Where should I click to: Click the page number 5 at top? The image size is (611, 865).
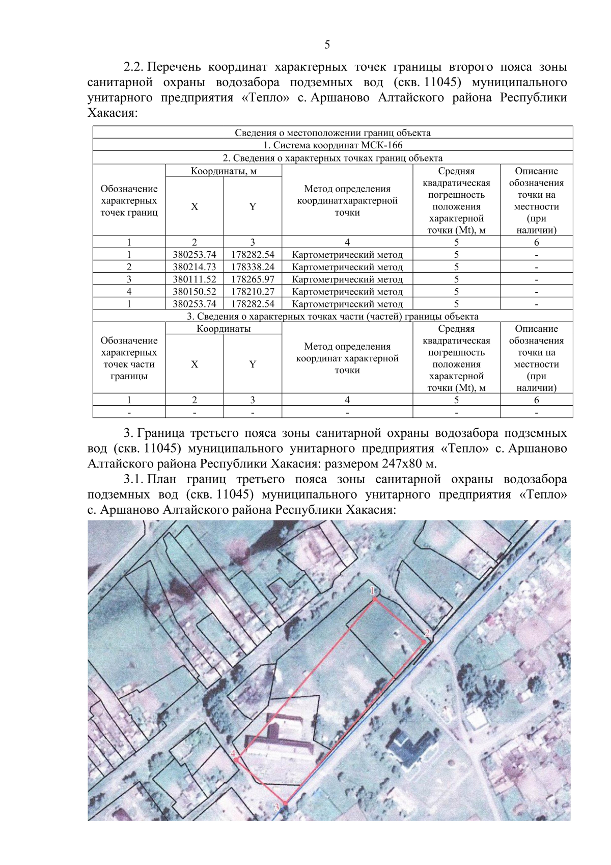tap(327, 45)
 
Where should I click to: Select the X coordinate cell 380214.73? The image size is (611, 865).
tap(195, 267)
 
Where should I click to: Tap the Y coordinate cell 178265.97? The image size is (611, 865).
tap(253, 279)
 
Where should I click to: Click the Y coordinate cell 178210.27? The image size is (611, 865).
tap(253, 292)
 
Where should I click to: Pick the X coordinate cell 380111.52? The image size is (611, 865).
tap(195, 279)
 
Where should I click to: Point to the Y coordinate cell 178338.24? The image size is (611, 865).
tap(253, 267)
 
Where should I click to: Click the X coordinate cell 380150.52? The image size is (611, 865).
tap(195, 292)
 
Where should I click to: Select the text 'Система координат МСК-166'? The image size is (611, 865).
tap(337, 145)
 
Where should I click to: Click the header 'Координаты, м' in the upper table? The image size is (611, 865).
tap(224, 171)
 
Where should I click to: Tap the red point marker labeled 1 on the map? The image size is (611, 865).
tap(375, 599)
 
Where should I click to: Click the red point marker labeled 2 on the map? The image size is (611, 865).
tap(424, 642)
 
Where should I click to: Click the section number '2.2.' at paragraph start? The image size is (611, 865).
tap(133, 67)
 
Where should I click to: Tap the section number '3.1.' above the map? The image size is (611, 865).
tap(133, 480)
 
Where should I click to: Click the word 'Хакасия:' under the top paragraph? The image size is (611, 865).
tap(113, 113)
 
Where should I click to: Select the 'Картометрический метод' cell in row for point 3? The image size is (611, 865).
tap(347, 279)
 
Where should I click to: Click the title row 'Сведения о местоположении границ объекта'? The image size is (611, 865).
tap(332, 133)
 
